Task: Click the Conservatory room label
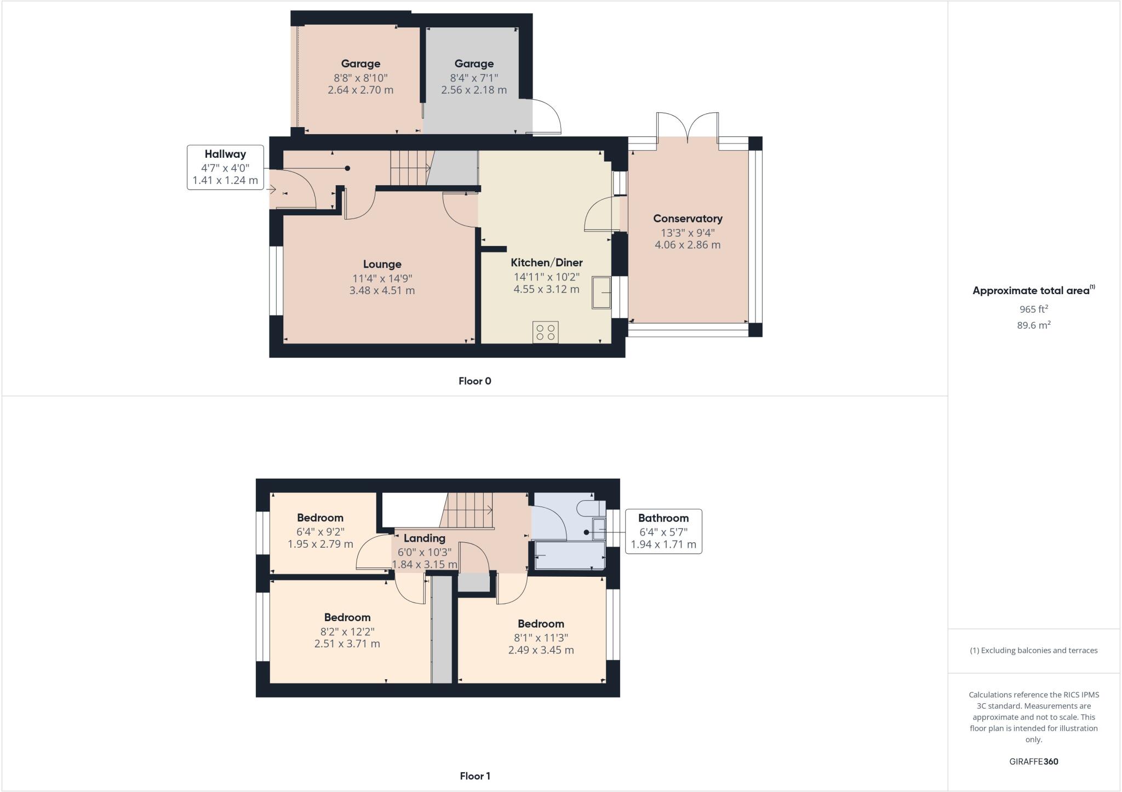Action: click(688, 219)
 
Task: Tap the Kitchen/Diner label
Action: click(546, 262)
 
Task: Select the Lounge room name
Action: click(382, 265)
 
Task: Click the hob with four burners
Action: click(545, 332)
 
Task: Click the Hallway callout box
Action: click(225, 167)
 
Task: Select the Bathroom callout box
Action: click(663, 531)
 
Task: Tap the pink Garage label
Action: click(360, 64)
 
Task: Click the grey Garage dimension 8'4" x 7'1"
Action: click(474, 78)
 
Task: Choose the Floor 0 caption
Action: click(475, 381)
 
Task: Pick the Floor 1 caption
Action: click(475, 776)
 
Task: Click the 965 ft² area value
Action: click(1033, 309)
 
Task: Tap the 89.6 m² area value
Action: click(1034, 325)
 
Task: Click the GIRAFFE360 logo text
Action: click(1034, 761)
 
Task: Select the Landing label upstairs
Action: click(424, 538)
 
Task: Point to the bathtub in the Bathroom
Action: click(570, 555)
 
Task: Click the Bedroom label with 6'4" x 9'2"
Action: click(320, 518)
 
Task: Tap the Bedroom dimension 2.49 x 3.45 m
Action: click(541, 650)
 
